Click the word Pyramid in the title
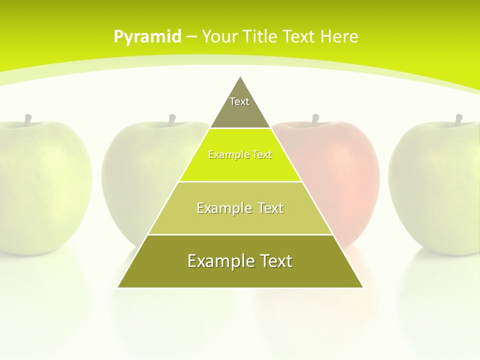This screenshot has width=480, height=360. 147,37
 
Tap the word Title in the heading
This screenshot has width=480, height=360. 261,36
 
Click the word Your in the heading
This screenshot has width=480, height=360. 220,36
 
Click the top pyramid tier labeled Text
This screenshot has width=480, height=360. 239,107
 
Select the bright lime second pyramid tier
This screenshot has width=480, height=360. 240,155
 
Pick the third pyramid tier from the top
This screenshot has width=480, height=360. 240,208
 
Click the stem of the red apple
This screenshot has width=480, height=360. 315,119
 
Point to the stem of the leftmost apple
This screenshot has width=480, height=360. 28,119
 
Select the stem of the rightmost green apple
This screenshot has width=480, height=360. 458,119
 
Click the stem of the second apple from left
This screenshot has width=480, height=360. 171,119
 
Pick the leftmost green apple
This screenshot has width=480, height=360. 40,185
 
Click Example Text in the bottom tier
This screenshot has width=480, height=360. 240,261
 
